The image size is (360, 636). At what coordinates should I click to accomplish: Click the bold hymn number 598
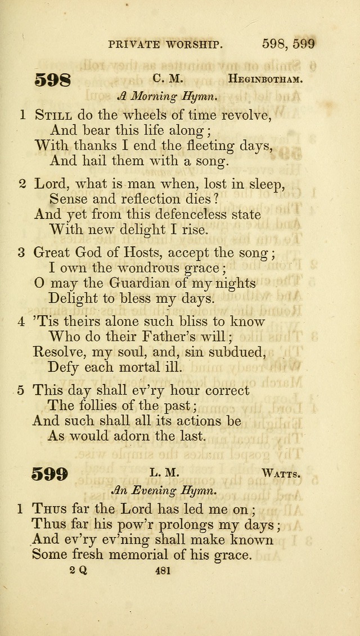click(53, 79)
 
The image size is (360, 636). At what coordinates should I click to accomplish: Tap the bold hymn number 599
click(51, 474)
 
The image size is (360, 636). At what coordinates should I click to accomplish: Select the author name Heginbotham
click(265, 79)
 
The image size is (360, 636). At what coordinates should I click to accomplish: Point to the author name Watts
click(281, 474)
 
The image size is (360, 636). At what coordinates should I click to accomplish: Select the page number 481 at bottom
click(161, 570)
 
